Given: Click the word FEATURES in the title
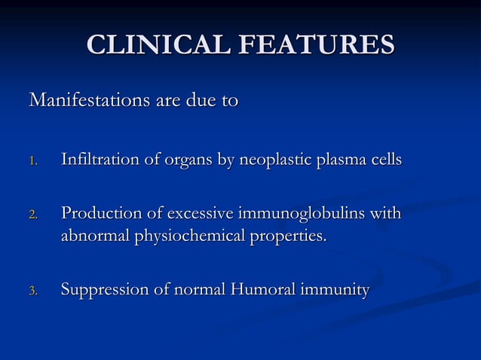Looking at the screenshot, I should point(317,45).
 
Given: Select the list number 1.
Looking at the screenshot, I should point(32,161).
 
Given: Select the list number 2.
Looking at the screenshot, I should point(32,215).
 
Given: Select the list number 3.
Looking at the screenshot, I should point(32,291).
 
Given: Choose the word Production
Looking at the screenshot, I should point(97,214).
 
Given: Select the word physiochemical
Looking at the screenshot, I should point(189,236).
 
